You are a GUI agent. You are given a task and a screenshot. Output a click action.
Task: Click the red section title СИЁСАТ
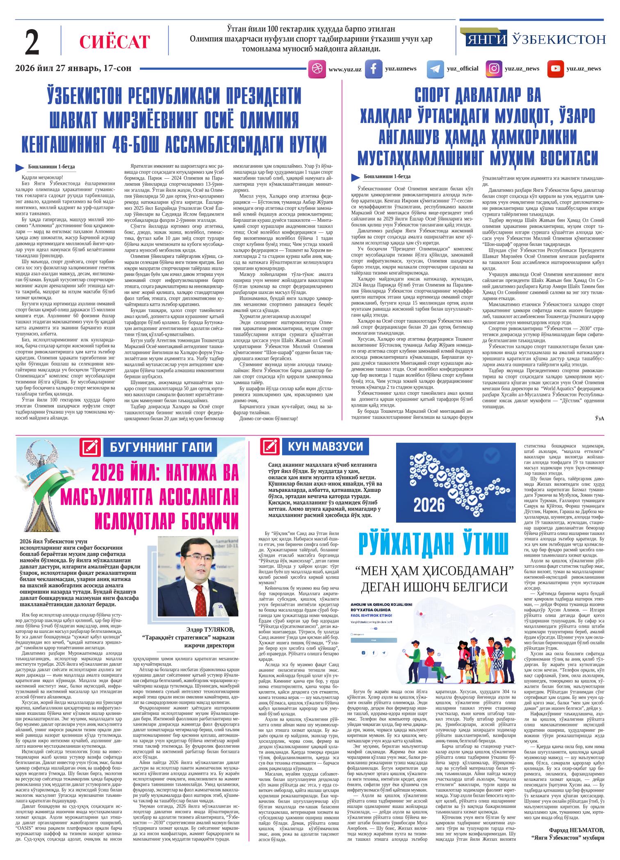coord(115,42)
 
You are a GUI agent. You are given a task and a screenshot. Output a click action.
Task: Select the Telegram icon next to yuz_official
coord(435,69)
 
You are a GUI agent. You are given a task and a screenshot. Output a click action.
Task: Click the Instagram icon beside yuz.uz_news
coord(495,69)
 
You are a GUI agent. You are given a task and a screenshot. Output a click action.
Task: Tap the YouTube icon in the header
coord(556,69)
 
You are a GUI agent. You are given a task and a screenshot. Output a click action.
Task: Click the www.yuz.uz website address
coord(344,69)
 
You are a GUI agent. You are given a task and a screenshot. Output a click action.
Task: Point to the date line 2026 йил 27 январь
coord(73,68)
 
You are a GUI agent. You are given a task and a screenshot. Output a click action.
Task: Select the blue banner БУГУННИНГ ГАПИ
coord(162,448)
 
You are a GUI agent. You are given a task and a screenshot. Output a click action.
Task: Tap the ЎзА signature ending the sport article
coord(599,418)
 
